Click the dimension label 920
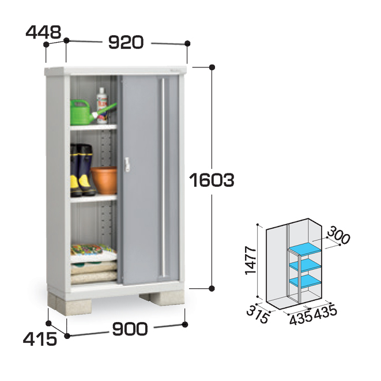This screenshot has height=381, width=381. [x=127, y=42]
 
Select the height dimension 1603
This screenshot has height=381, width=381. [x=212, y=180]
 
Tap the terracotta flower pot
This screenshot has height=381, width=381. [x=104, y=179]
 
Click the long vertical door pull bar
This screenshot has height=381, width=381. [x=165, y=179]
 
